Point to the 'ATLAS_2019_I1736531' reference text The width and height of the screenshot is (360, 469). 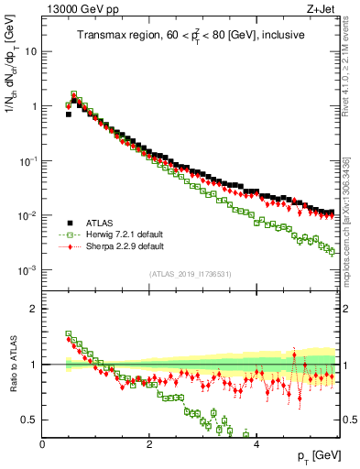pyautogui.click(x=191, y=274)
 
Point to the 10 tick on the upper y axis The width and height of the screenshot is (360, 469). pyautogui.click(x=31, y=51)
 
